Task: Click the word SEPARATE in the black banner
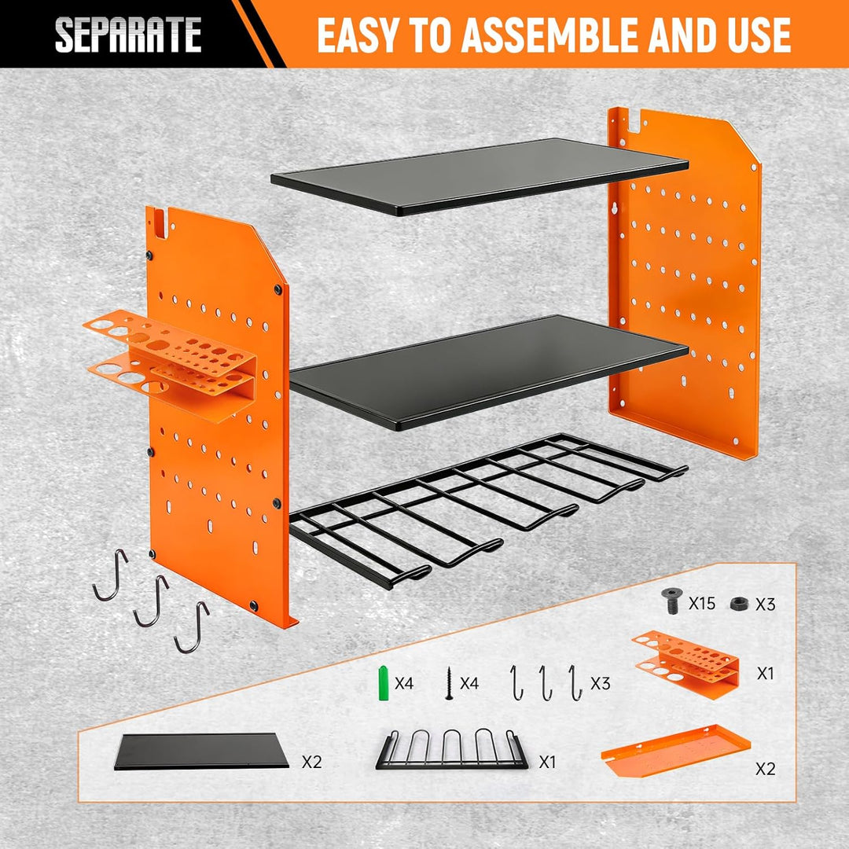click(x=128, y=35)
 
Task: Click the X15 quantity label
click(x=702, y=603)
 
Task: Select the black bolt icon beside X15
click(x=672, y=601)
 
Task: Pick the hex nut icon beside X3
click(x=739, y=603)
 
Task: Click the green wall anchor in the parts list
click(x=384, y=683)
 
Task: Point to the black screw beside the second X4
click(x=448, y=683)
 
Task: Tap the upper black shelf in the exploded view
click(x=480, y=176)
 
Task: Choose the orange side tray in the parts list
click(x=676, y=749)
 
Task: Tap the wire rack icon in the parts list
click(x=451, y=749)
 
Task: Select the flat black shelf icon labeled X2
click(x=201, y=751)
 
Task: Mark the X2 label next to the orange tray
click(x=766, y=768)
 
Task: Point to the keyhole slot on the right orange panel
click(x=614, y=209)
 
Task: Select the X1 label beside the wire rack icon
click(x=548, y=762)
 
